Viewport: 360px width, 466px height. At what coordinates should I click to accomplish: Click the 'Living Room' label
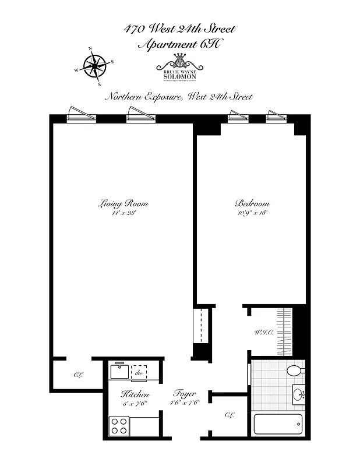(x=123, y=204)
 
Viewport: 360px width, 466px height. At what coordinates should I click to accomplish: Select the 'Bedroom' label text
(x=252, y=204)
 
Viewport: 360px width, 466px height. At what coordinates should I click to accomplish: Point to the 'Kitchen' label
(x=135, y=394)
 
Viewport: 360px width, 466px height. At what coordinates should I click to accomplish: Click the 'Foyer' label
(x=184, y=394)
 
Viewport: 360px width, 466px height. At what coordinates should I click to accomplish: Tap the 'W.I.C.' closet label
(x=261, y=333)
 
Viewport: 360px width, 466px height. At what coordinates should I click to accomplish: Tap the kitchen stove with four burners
(x=119, y=425)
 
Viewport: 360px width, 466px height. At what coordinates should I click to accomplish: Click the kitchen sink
(x=119, y=371)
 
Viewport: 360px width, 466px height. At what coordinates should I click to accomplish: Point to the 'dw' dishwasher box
(x=139, y=373)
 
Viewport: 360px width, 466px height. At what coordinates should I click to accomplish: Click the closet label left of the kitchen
(x=77, y=375)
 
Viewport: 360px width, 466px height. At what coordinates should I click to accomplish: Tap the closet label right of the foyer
(x=228, y=415)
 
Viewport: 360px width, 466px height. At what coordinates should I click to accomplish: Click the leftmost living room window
(x=80, y=116)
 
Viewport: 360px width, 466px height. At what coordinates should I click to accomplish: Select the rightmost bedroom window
(x=277, y=116)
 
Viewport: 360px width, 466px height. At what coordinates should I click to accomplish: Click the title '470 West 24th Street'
(x=179, y=29)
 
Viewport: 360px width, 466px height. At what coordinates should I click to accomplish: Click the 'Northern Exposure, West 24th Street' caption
(x=179, y=97)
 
